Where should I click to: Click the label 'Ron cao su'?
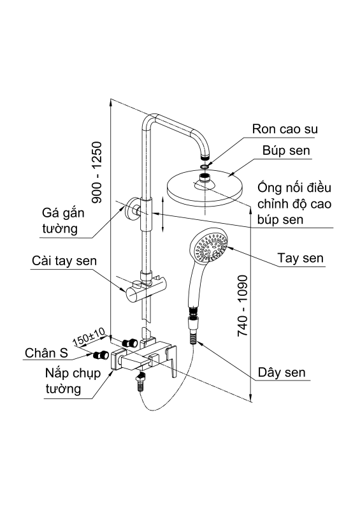[285, 129]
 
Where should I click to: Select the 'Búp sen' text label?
[286, 151]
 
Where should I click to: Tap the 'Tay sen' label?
[301, 259]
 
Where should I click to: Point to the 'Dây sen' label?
[282, 372]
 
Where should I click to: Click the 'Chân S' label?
[47, 353]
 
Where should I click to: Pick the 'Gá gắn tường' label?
[64, 220]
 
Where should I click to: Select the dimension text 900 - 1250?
[97, 171]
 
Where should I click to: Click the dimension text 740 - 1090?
[242, 306]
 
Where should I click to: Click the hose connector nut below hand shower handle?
[193, 313]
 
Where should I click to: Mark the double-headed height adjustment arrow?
[163, 214]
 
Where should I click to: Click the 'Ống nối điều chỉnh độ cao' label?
[294, 203]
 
